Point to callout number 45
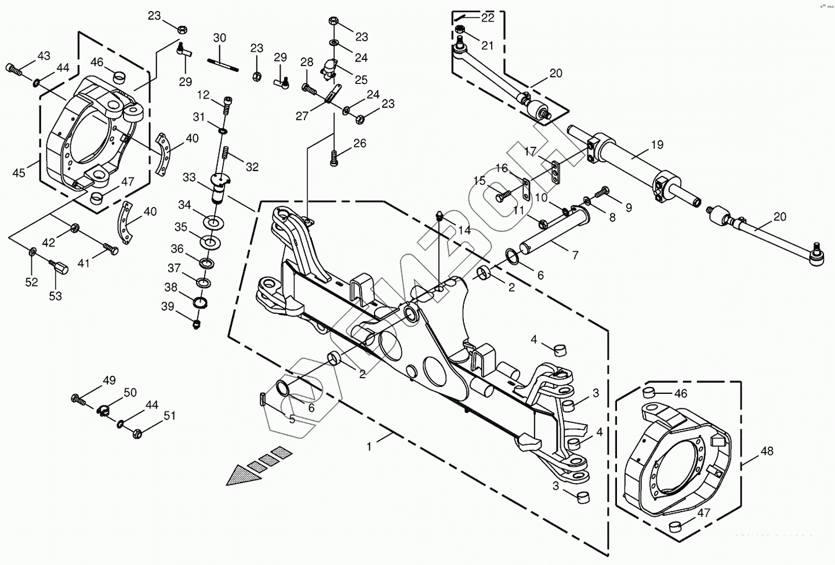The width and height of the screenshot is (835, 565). click(19, 172)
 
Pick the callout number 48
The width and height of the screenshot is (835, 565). click(767, 450)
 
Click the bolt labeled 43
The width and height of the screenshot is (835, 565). click(14, 69)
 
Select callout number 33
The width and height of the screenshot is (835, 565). click(189, 176)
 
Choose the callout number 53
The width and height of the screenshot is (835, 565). click(55, 296)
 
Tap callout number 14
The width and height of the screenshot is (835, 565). click(464, 230)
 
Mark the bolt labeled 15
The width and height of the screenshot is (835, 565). click(502, 197)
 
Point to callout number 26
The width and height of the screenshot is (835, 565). click(360, 143)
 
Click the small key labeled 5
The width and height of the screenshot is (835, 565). click(262, 399)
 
